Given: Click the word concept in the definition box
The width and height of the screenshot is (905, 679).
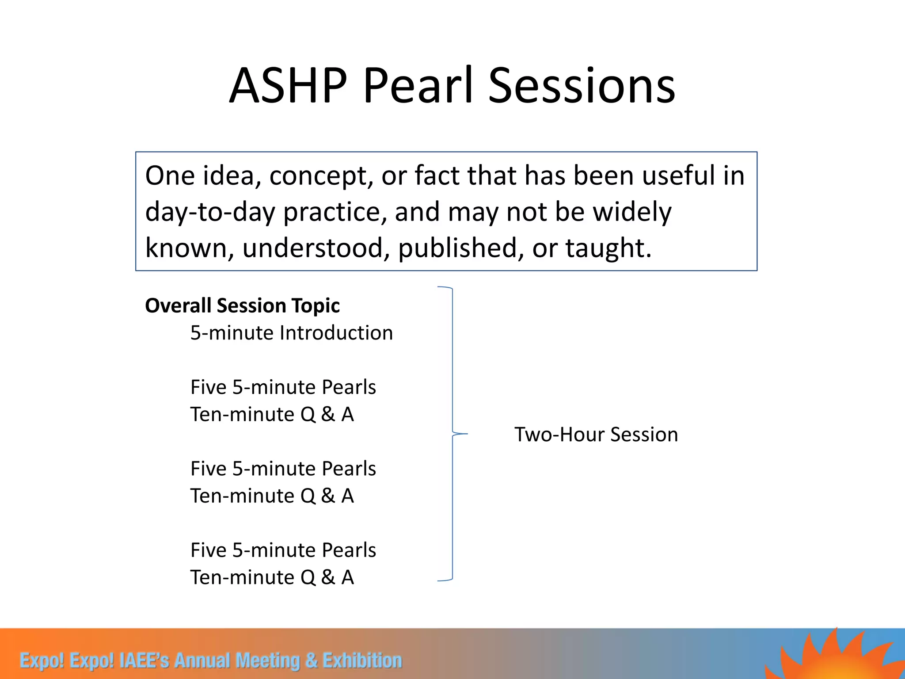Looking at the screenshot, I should pos(318,176).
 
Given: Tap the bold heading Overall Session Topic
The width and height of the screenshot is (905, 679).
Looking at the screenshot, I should pos(242,305).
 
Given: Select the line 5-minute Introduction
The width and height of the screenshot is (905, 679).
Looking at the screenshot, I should pos(291,333).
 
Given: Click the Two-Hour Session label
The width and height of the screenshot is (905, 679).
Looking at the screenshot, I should pos(596,435).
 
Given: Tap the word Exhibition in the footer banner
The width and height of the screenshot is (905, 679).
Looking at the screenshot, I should pos(362,660).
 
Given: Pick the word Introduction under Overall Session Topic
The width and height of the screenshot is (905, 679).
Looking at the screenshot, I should pos(336,333).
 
